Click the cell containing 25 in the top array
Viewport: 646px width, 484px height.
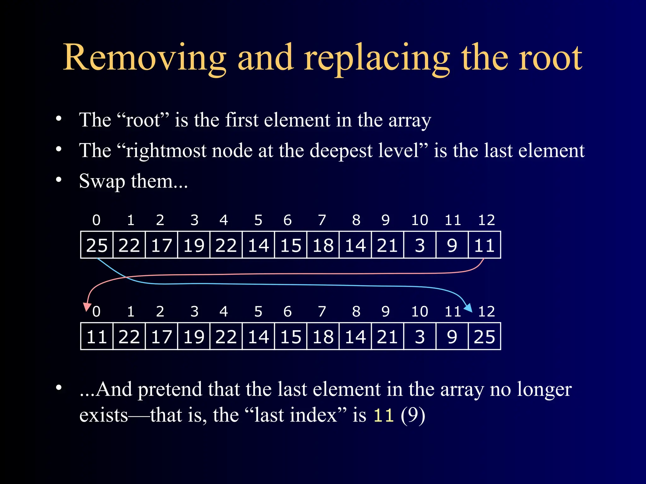pyautogui.click(x=97, y=245)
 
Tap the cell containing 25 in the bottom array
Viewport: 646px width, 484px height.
pyautogui.click(x=484, y=336)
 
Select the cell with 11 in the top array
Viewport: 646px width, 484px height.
pyautogui.click(x=484, y=245)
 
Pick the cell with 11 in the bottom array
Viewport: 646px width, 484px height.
pyautogui.click(x=97, y=336)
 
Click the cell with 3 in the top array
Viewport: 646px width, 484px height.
pyautogui.click(x=420, y=245)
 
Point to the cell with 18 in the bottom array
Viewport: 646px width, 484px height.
pyautogui.click(x=323, y=336)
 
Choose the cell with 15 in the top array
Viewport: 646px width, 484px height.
pyautogui.click(x=291, y=245)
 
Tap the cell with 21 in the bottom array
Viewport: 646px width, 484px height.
pyautogui.click(x=387, y=336)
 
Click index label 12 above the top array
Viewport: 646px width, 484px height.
pyautogui.click(x=486, y=220)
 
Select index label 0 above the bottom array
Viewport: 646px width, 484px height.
pyautogui.click(x=97, y=311)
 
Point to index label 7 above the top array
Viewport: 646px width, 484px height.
pyautogui.click(x=322, y=220)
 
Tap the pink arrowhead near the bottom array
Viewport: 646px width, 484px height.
pyautogui.click(x=87, y=307)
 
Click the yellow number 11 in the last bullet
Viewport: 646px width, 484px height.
pyautogui.click(x=384, y=415)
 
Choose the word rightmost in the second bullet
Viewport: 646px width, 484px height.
pyautogui.click(x=166, y=151)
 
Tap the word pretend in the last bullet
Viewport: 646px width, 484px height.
pyautogui.click(x=170, y=389)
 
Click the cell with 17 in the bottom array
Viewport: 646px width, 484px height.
pyautogui.click(x=161, y=336)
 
